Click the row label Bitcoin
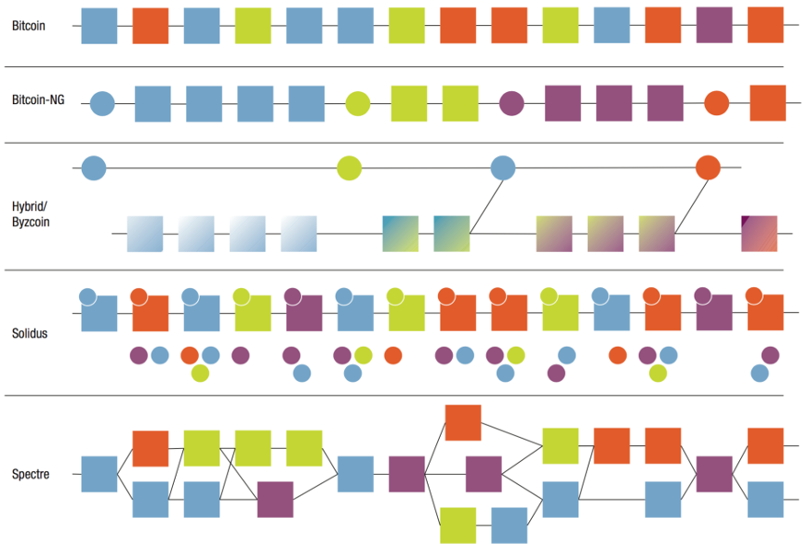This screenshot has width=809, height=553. coord(28,26)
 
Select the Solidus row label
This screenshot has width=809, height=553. coord(30,333)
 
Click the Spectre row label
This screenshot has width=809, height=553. coord(30,475)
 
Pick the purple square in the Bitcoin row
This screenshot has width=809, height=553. coord(714,26)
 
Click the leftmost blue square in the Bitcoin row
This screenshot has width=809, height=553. coord(99,26)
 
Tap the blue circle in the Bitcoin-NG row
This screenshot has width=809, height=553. coord(102,104)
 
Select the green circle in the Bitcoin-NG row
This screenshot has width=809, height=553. coord(357,104)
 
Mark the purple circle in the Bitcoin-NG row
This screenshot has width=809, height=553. coord(511,104)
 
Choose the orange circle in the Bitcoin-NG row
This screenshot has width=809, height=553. coord(716,104)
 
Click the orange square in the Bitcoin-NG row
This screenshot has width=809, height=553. coord(768,104)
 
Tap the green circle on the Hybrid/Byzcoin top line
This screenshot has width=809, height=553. coord(349,167)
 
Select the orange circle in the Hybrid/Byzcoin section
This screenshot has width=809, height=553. coord(708,167)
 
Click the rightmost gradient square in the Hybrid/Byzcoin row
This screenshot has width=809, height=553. coord(759,234)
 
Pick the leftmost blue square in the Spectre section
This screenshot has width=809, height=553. coord(99,474)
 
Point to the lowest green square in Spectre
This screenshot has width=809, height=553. coord(457,524)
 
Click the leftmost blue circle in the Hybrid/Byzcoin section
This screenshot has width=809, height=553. coord(94,167)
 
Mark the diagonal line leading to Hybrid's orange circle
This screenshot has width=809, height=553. coord(691,202)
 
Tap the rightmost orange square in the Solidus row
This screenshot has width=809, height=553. coord(766,314)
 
